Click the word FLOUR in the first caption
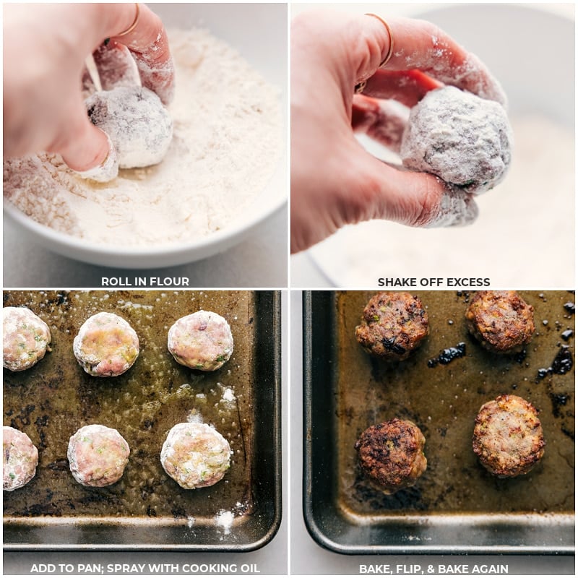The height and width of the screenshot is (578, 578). coord(172,282)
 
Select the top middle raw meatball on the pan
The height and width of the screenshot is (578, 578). coord(106,344)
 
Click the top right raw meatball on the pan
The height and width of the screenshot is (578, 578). coord(200,340)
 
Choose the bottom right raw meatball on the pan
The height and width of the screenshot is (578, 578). coord(196,455)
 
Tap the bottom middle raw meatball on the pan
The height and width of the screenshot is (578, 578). coord(98,455)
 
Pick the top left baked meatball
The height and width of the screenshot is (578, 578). coord(391,326)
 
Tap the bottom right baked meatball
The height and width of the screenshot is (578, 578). coord(509,436)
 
